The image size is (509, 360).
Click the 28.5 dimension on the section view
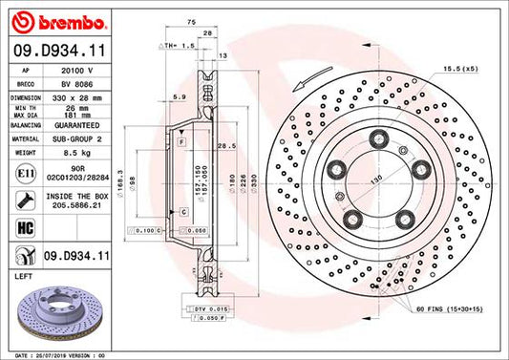pyautogui.click(x=227, y=146)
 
